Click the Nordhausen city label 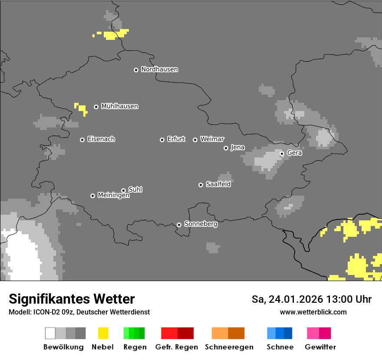coord(159,69)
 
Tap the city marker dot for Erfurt coord(162,140)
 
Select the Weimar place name coord(212,139)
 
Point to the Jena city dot coord(226,148)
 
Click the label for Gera coord(294,153)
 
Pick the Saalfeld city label coord(218,184)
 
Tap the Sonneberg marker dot coord(179,225)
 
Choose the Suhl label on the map coord(135,190)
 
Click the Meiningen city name coord(113,196)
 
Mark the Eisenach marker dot coord(82,140)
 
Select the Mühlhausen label coord(119,106)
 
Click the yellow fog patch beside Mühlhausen coord(81,108)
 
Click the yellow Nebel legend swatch coord(103,333)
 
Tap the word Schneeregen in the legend coord(229,347)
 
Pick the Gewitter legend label coord(320,347)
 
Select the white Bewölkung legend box coord(50,333)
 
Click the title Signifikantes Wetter coord(72,299)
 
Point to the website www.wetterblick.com coord(313,312)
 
